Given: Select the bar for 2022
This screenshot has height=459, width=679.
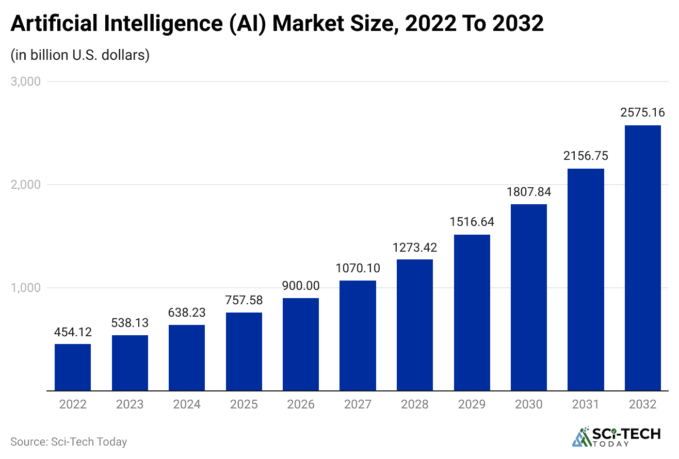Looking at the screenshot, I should (x=73, y=367).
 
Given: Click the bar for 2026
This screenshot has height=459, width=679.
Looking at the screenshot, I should (x=301, y=345).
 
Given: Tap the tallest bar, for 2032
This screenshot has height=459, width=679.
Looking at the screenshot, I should (x=643, y=258).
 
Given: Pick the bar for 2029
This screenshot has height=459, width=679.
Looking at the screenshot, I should (x=472, y=313).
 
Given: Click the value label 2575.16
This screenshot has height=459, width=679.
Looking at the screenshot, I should (x=643, y=112).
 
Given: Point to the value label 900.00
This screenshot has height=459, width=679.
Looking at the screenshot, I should (x=301, y=286).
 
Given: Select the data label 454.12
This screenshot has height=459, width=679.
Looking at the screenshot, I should (x=73, y=332).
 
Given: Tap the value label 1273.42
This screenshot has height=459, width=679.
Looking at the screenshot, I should (x=415, y=247).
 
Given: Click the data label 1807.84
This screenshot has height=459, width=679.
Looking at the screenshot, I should (x=529, y=192).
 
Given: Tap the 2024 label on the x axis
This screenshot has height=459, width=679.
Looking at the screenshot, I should (x=187, y=404).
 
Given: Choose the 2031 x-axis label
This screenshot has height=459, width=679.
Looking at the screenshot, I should (x=586, y=404).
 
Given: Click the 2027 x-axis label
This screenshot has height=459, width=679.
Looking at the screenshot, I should (x=358, y=404).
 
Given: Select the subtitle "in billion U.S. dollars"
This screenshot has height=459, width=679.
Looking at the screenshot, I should (x=80, y=55).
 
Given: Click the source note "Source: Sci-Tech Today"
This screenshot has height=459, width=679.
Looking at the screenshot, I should (x=69, y=441).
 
